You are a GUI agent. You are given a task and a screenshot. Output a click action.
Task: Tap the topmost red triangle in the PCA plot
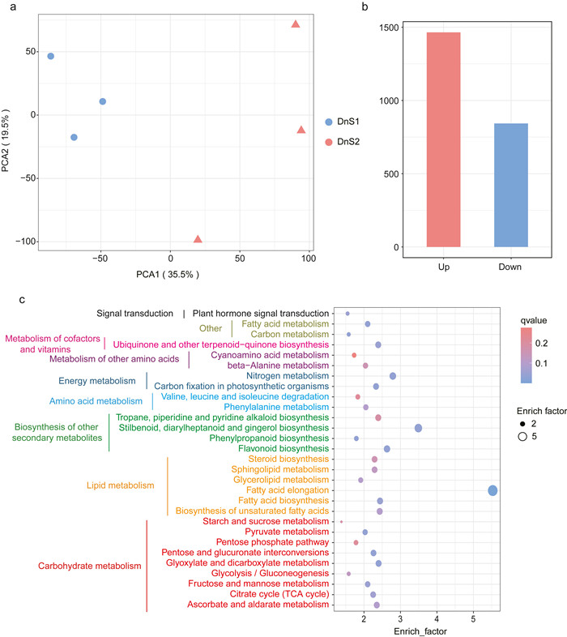296,24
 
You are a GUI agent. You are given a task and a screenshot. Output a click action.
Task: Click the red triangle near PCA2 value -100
198,239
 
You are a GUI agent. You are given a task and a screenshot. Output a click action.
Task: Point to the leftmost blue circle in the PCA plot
50,56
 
